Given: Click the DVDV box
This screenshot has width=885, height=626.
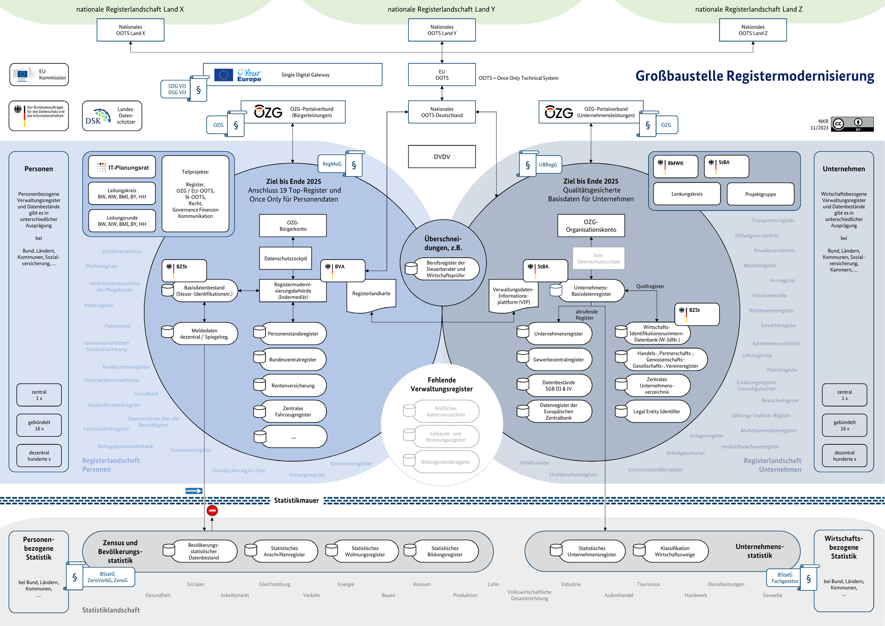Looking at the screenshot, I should pyautogui.click(x=442, y=157).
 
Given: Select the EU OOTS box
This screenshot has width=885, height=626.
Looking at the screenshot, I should pyautogui.click(x=442, y=75).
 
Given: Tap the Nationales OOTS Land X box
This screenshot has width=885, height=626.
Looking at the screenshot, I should pyautogui.click(x=130, y=30).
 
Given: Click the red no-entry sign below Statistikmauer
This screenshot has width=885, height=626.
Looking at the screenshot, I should pyautogui.click(x=212, y=511).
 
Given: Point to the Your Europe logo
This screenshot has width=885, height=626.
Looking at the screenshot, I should pyautogui.click(x=249, y=75).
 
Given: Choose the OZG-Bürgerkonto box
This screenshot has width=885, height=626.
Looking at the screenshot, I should pyautogui.click(x=293, y=226).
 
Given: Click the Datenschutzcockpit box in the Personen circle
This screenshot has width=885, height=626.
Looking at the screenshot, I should pyautogui.click(x=285, y=258).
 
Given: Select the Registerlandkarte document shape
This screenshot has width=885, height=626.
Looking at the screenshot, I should pyautogui.click(x=371, y=294).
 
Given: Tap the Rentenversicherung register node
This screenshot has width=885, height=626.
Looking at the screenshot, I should pyautogui.click(x=293, y=386).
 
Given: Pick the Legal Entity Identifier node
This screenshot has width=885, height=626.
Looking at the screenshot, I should pyautogui.click(x=656, y=411).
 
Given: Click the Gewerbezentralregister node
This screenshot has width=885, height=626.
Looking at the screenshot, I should pyautogui.click(x=558, y=360).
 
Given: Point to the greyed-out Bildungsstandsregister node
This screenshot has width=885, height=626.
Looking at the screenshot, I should pyautogui.click(x=445, y=462).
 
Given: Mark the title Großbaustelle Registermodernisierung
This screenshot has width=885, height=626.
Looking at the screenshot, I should pyautogui.click(x=755, y=76).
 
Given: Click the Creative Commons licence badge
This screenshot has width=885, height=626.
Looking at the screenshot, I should pyautogui.click(x=852, y=124).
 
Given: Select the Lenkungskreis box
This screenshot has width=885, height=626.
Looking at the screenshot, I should pyautogui.click(x=687, y=194).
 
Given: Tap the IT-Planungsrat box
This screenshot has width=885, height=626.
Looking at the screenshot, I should pyautogui.click(x=122, y=167).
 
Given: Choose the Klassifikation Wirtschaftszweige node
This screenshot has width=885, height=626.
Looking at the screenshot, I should pyautogui.click(x=674, y=551).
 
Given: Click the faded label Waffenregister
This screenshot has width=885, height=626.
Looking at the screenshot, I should pyautogui.click(x=101, y=266).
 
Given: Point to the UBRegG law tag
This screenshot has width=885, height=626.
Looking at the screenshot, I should pyautogui.click(x=548, y=165).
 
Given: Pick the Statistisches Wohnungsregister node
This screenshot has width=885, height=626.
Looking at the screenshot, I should pyautogui.click(x=365, y=551).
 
